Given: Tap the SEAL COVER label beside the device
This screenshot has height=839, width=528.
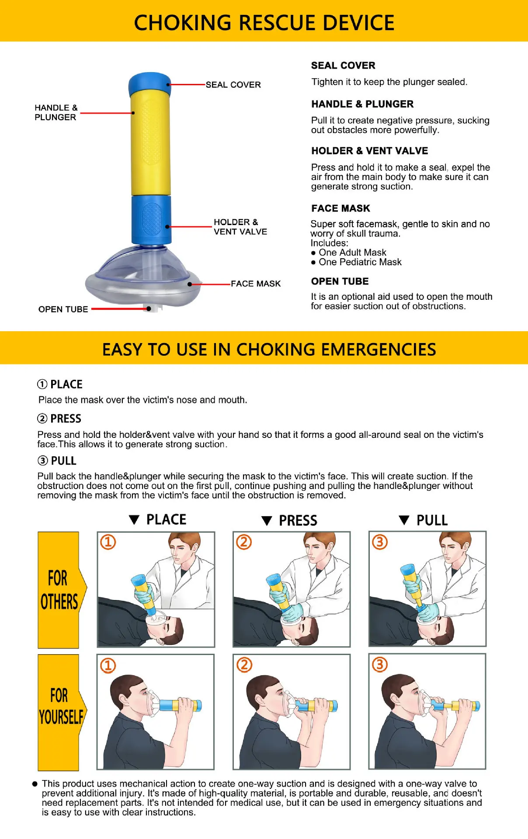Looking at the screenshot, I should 233,85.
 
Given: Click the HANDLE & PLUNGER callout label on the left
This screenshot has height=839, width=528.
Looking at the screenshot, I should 56,112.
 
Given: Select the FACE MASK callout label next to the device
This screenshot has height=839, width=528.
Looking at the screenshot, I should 256,284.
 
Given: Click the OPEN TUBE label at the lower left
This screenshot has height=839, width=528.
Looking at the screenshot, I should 63,309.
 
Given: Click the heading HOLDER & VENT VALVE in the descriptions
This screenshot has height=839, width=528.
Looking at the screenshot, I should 369,151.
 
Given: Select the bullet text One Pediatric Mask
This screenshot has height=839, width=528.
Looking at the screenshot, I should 360,262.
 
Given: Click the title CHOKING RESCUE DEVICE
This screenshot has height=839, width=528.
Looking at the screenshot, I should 264,23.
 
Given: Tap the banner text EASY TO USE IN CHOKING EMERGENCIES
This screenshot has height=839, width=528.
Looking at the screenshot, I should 269,350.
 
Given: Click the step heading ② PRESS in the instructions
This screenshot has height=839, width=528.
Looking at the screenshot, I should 59,419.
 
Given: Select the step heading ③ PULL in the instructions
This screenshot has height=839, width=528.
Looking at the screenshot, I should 57,461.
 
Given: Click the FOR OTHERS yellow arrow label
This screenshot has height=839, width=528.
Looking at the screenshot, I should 59,590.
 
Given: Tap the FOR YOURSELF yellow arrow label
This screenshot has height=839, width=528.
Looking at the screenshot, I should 60,706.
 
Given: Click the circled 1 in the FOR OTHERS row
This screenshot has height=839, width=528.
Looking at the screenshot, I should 108,542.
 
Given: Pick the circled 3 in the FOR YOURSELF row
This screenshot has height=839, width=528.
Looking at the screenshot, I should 379,665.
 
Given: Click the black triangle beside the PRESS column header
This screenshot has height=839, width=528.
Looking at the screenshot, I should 267,521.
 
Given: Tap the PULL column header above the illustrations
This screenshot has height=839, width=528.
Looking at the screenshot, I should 431,520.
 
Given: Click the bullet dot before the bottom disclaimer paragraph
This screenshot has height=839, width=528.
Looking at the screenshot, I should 35,784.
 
